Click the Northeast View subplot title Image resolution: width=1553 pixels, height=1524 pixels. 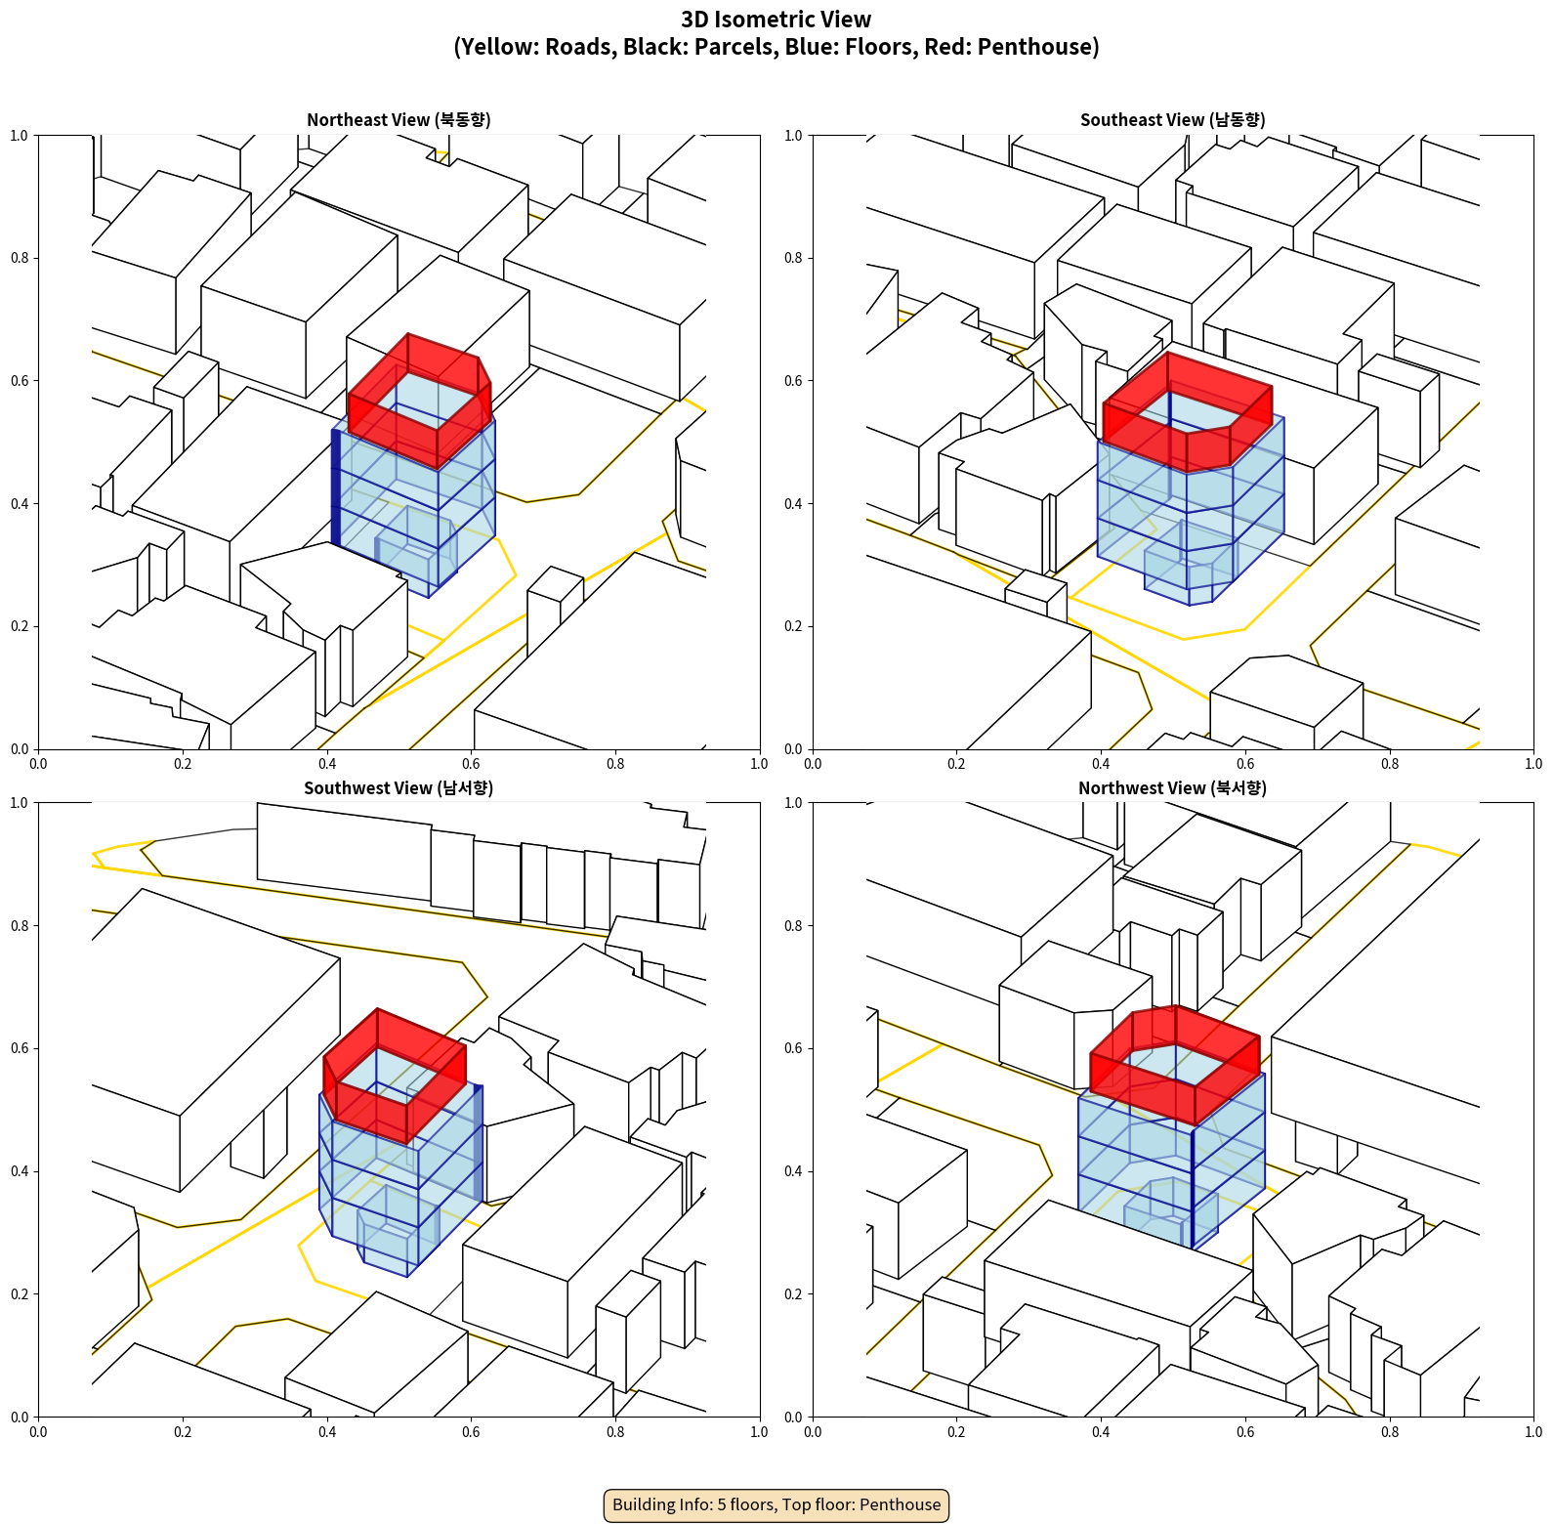399,120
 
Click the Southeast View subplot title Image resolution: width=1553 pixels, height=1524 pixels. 1172,120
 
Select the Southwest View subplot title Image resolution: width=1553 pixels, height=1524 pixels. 399,788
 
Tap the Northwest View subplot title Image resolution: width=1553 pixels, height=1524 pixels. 1172,788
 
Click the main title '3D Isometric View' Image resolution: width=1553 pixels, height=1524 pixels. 776,20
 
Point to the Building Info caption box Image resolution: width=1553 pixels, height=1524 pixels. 776,1504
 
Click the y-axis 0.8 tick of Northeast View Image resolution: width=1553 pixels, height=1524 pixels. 20,258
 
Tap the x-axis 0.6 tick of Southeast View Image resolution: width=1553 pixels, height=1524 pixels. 1245,764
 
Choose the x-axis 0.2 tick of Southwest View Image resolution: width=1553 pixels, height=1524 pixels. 183,1432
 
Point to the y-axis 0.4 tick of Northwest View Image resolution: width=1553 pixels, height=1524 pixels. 794,1171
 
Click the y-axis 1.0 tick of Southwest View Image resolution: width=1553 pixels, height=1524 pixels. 20,803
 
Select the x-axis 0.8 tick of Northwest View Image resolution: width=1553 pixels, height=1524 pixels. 1390,1432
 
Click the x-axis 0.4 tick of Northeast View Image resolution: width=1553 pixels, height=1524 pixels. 327,764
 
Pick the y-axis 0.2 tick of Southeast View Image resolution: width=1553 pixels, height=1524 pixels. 794,626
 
